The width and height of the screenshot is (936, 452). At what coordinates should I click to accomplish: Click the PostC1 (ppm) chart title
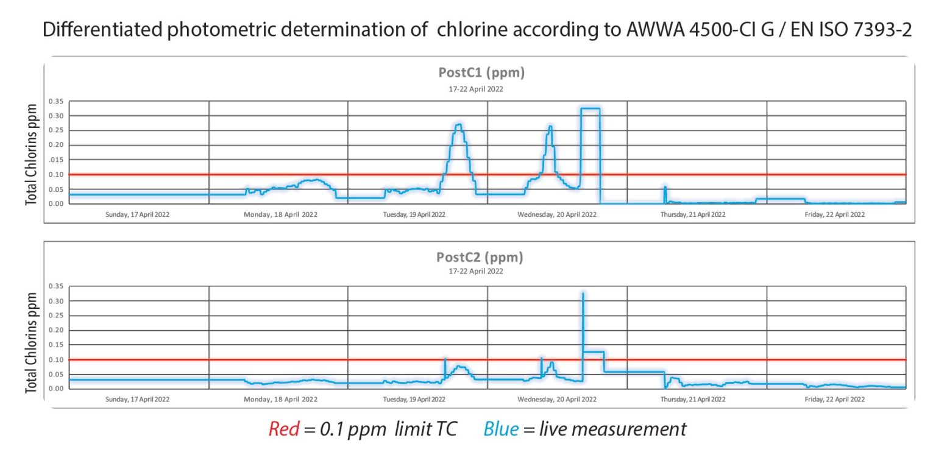[x=481, y=72]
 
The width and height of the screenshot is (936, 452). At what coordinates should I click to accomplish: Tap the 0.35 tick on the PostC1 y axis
[x=56, y=101]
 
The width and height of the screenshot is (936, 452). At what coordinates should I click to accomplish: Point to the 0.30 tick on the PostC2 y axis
[x=56, y=301]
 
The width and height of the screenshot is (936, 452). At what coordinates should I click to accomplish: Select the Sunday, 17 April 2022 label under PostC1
[x=138, y=214]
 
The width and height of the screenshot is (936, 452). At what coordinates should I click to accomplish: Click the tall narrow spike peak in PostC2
[x=583, y=294]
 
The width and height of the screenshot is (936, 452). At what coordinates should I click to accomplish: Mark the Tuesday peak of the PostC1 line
[x=459, y=125]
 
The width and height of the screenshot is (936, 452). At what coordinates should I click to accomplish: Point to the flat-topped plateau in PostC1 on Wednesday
[x=590, y=108]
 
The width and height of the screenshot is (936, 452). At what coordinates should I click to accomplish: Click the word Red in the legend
[x=283, y=429]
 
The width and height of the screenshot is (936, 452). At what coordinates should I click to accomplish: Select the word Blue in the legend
[x=501, y=429]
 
